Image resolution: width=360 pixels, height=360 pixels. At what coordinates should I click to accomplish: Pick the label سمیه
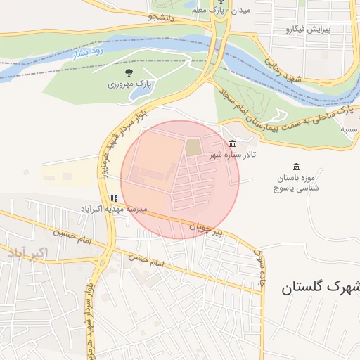pos(349,130)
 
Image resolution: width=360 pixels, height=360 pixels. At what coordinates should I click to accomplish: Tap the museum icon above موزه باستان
pos(295,167)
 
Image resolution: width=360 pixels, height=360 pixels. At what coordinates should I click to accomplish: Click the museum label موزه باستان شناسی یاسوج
pos(296,184)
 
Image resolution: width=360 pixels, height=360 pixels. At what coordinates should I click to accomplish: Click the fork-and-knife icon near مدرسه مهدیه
pos(114,199)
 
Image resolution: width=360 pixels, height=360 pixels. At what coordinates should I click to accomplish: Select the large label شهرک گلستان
pos(320,287)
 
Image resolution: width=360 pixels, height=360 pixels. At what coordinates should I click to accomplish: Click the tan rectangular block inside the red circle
pos(192,148)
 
